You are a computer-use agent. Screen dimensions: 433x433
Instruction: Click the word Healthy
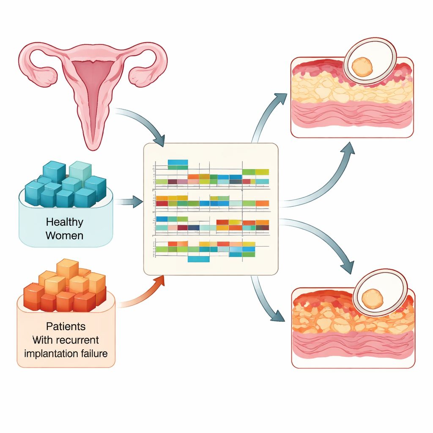coord(65,222)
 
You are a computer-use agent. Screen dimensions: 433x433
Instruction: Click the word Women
coord(65,235)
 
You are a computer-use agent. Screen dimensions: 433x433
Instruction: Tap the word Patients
coord(66,326)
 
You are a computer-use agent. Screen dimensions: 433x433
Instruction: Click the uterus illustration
coord(93,85)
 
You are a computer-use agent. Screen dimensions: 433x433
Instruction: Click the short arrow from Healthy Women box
coord(129,202)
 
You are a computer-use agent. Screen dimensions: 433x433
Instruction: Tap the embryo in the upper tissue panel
coord(362,66)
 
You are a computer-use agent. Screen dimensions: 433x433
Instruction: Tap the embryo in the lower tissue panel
coord(373,299)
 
